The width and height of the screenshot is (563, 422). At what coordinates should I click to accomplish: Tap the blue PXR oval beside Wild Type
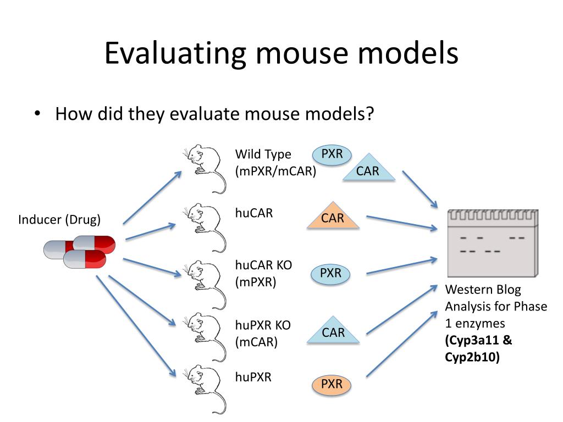[332, 154]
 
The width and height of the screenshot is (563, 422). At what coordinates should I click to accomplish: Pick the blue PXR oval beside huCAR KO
[330, 273]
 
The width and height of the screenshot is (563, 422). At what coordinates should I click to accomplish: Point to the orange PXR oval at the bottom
[332, 384]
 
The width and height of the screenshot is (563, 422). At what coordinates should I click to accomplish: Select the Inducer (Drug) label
[59, 220]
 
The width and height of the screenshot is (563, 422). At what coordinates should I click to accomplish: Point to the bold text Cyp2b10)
[473, 358]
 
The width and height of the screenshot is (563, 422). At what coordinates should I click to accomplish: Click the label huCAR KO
[263, 265]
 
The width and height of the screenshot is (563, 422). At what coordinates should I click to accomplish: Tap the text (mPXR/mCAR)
[275, 171]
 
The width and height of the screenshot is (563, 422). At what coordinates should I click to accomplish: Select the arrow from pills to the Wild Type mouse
[152, 198]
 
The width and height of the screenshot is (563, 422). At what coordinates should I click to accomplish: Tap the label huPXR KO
[263, 325]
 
